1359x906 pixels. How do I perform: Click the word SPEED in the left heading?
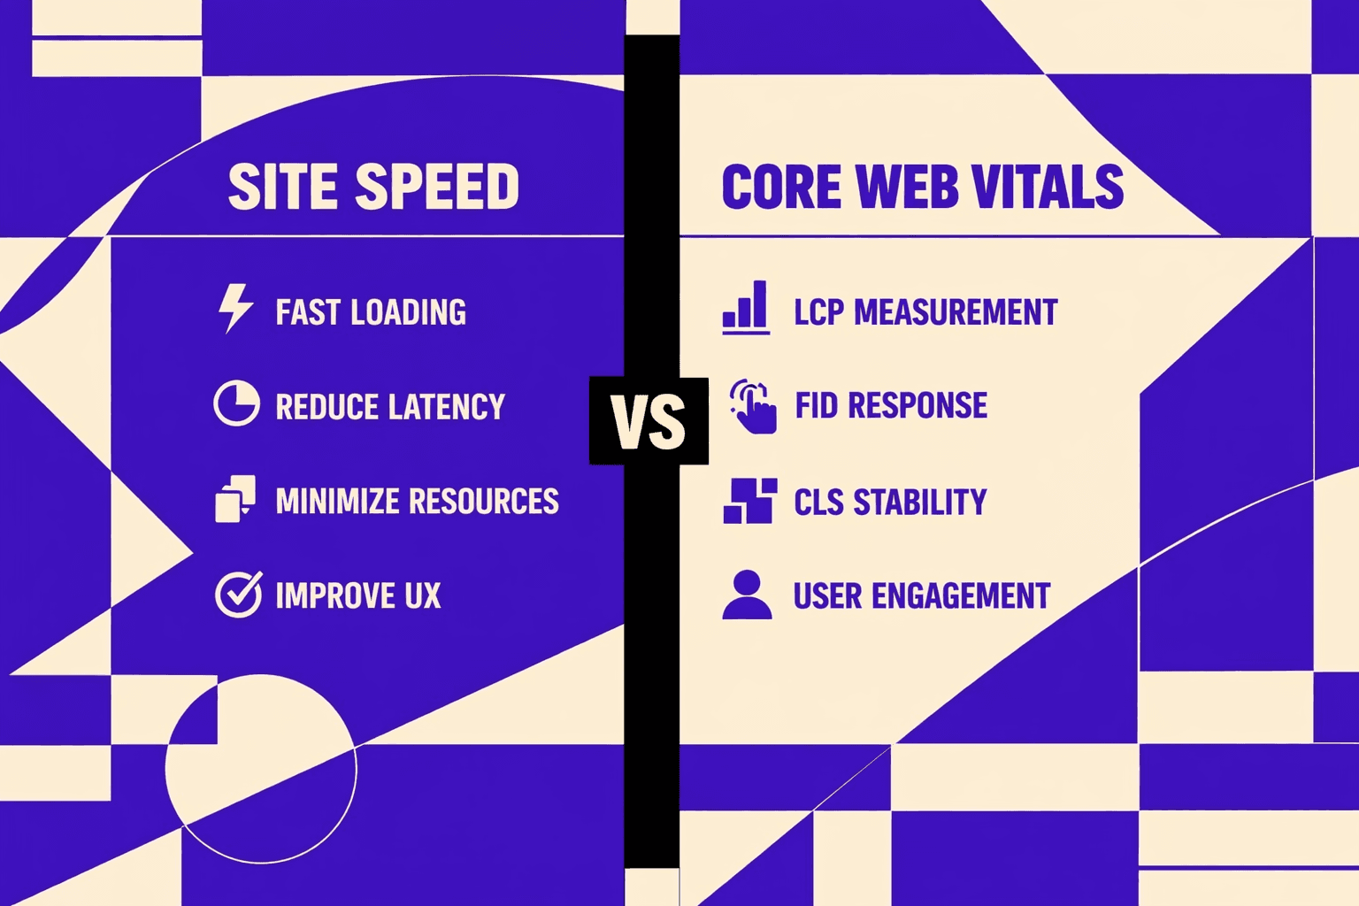coord(437,187)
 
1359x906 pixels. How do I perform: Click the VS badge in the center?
coord(649,421)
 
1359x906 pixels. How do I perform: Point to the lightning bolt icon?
coord(235,308)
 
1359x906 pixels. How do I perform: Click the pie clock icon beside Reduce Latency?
coord(236,403)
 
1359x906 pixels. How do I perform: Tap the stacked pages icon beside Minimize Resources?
coord(235,499)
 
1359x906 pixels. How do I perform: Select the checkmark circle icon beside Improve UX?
coord(238,594)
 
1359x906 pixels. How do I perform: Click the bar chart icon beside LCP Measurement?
coord(746,307)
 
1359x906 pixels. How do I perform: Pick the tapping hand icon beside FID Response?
coord(753,406)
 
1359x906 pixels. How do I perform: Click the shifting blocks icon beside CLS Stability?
coord(749,501)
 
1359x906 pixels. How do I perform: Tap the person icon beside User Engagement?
coord(747,595)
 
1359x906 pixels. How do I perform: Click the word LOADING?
coord(408,312)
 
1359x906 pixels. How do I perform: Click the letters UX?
coord(423,596)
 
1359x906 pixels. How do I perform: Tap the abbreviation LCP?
coord(818,312)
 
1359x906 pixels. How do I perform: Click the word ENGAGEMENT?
coord(962,596)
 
